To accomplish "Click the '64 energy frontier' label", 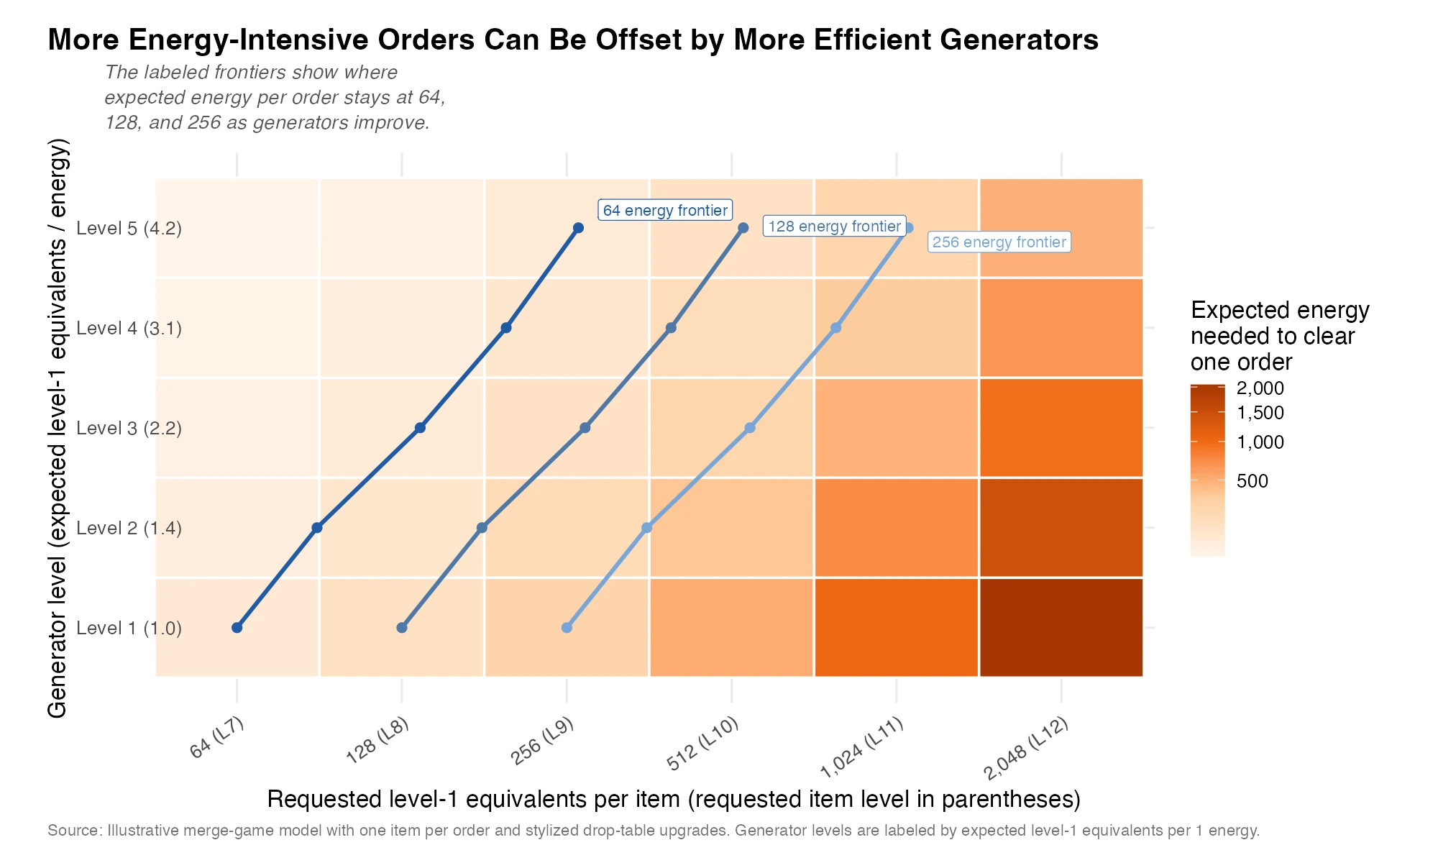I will pyautogui.click(x=665, y=210).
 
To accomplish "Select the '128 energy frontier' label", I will pyautogui.click(x=834, y=227).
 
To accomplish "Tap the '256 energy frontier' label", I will pyautogui.click(x=999, y=242).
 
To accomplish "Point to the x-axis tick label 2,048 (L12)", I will pyautogui.click(x=1026, y=749).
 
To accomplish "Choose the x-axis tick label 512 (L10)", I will pyautogui.click(x=702, y=744).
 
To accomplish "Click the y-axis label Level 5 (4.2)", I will pyautogui.click(x=129, y=229).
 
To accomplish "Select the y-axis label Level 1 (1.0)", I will pyautogui.click(x=129, y=629).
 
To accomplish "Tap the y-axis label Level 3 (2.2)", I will pyautogui.click(x=129, y=429).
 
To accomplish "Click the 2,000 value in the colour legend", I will pyautogui.click(x=1260, y=388).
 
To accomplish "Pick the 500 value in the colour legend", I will pyautogui.click(x=1252, y=481).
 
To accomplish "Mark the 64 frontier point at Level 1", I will pyautogui.click(x=237, y=628).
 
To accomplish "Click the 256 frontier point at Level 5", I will pyautogui.click(x=909, y=228).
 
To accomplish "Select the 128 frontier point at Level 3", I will pyautogui.click(x=585, y=428).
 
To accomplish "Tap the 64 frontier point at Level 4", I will pyautogui.click(x=506, y=328).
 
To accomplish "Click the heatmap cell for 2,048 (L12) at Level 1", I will pyautogui.click(x=1061, y=628).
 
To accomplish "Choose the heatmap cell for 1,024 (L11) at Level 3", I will pyautogui.click(x=897, y=428).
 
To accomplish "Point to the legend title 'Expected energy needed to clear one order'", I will pyautogui.click(x=1279, y=336).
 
